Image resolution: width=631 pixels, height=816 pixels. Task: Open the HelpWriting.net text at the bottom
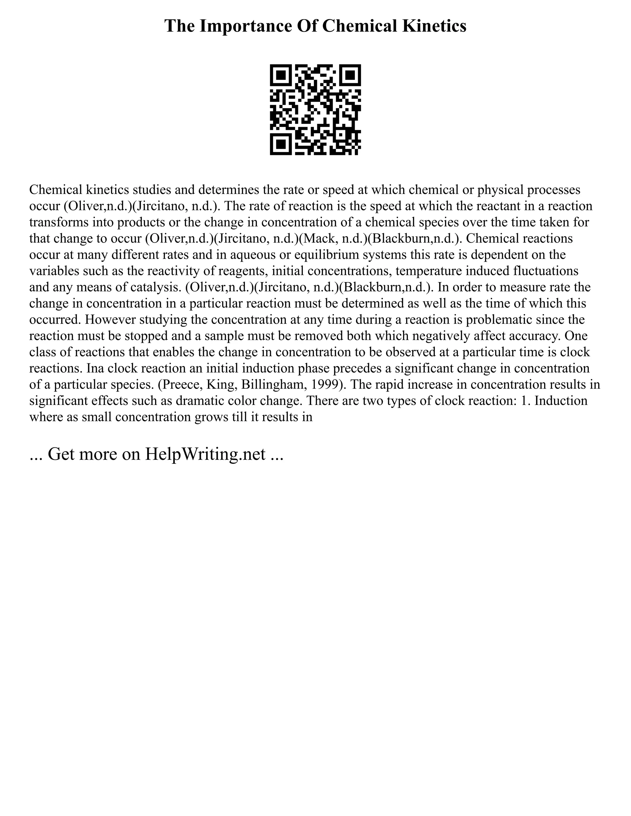click(x=205, y=454)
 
